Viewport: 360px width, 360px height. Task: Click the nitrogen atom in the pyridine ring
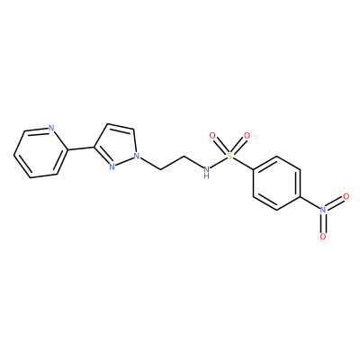pyautogui.click(x=51, y=129)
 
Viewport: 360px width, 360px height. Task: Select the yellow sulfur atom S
pyautogui.click(x=229, y=156)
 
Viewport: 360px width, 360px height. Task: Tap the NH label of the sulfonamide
pyautogui.click(x=206, y=173)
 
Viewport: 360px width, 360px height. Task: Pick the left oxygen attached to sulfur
pyautogui.click(x=212, y=136)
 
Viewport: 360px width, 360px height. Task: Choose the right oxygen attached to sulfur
pyautogui.click(x=247, y=136)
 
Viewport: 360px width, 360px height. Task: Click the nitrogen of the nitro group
pyautogui.click(x=323, y=210)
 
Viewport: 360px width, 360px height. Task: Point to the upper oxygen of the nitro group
pyautogui.click(x=346, y=196)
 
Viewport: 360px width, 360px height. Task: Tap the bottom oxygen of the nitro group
pyautogui.click(x=323, y=237)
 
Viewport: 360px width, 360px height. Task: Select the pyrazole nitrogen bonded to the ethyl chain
pyautogui.click(x=137, y=156)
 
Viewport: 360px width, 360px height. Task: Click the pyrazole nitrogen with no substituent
pyautogui.click(x=112, y=166)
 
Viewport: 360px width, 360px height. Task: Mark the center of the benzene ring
pyautogui.click(x=276, y=183)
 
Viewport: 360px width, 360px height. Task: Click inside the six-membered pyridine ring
pyautogui.click(x=40, y=153)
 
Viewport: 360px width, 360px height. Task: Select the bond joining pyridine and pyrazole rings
pyautogui.click(x=80, y=148)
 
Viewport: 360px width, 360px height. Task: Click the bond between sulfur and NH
pyautogui.click(x=218, y=162)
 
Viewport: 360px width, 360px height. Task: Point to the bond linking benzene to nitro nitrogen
pyautogui.click(x=310, y=202)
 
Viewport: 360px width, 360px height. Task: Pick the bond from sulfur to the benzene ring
pyautogui.click(x=243, y=164)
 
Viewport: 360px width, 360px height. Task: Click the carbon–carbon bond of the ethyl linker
pyautogui.click(x=172, y=163)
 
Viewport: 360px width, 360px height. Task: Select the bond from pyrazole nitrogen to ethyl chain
pyautogui.click(x=150, y=163)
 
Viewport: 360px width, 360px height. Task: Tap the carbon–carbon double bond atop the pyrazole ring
pyautogui.click(x=121, y=126)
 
